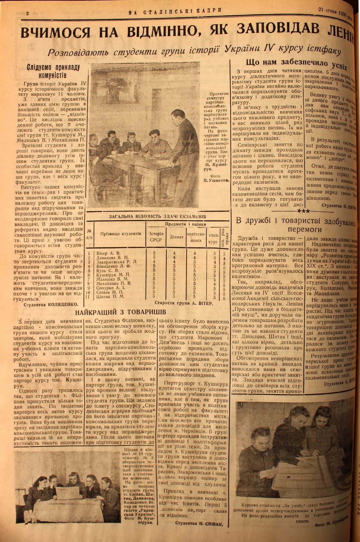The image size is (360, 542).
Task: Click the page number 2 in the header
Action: coord(27,13)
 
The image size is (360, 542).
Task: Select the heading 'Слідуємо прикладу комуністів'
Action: coord(53,71)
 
